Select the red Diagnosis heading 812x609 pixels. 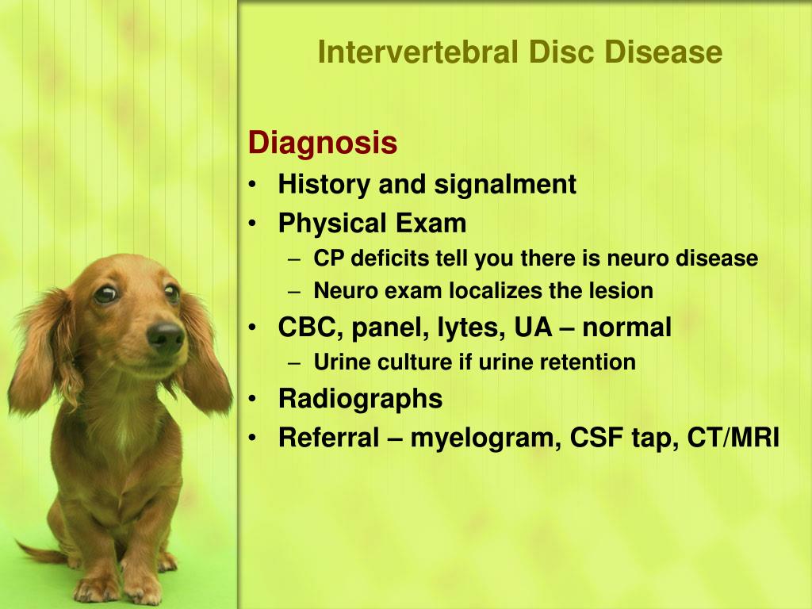[x=323, y=143]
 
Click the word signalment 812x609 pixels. [x=505, y=185]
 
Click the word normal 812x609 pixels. [x=626, y=327]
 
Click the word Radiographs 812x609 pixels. [x=361, y=400]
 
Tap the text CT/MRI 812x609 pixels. [x=733, y=438]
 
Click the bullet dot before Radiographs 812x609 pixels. [x=252, y=399]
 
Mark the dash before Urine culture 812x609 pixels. [x=294, y=363]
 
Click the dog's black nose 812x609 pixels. [x=166, y=338]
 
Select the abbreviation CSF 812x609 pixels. [x=596, y=438]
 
